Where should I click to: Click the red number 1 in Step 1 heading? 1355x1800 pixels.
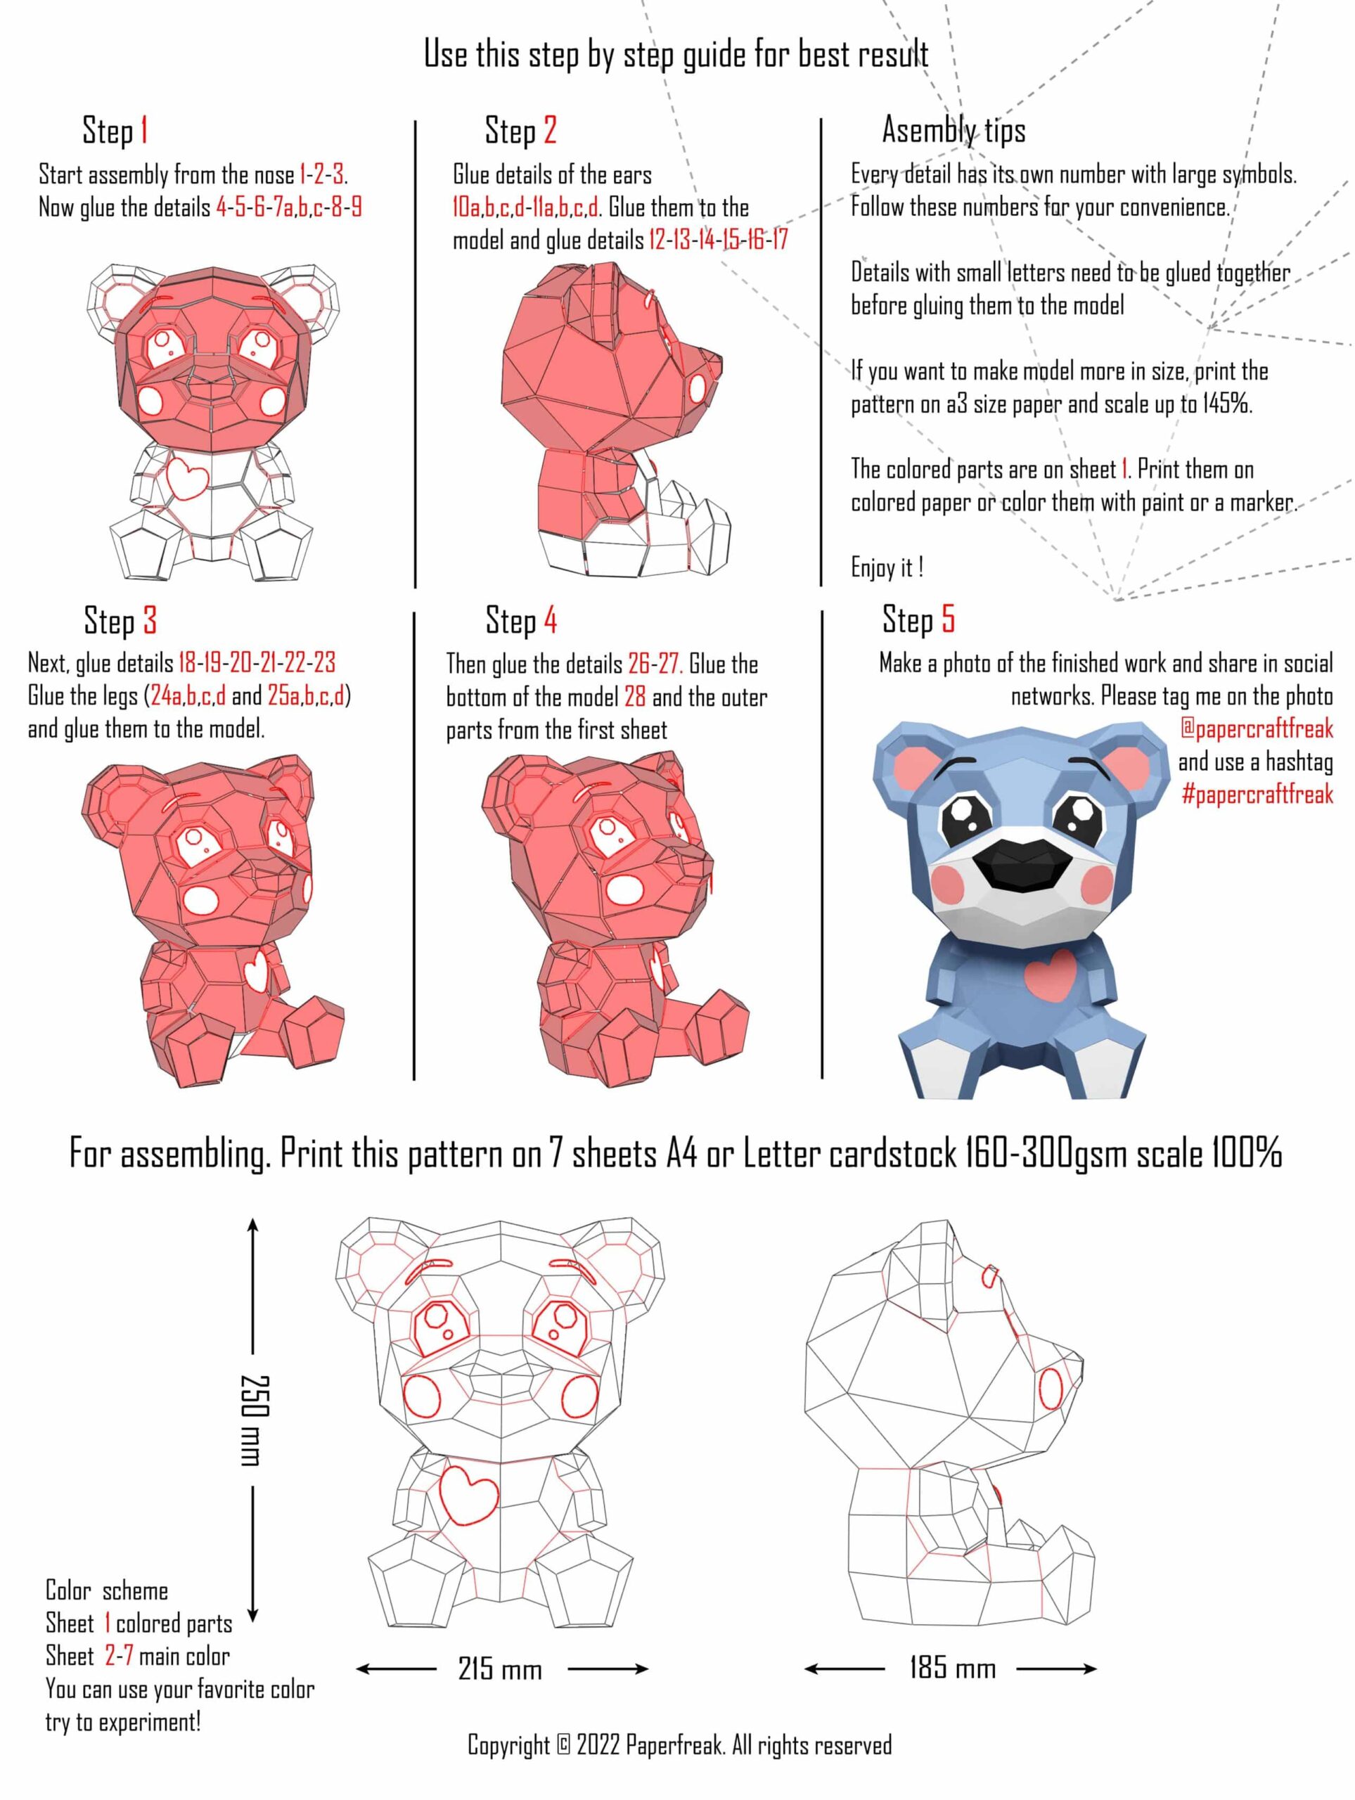tap(144, 130)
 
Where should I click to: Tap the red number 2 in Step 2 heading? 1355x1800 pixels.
tap(550, 130)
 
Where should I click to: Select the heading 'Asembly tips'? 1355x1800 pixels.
tap(953, 130)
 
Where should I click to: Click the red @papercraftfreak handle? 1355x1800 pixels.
tap(1257, 728)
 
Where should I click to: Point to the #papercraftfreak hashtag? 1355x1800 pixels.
tap(1257, 793)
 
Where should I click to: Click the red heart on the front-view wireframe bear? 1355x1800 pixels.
tap(468, 1493)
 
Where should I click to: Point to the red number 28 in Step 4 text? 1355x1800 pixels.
tap(635, 697)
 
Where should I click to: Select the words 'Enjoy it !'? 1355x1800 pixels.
tap(887, 567)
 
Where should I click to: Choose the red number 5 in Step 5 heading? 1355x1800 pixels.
tap(948, 619)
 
